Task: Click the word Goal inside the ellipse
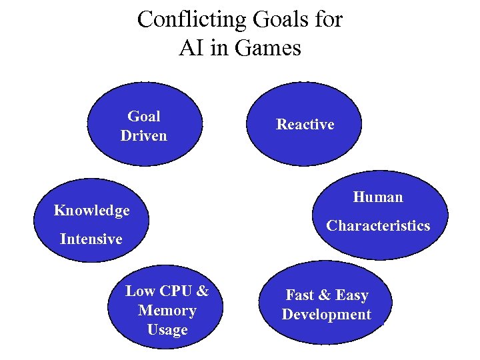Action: [x=143, y=117]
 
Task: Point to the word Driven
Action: [x=143, y=136]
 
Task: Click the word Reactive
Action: [x=305, y=125]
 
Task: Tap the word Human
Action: [x=378, y=197]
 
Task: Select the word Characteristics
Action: [x=378, y=226]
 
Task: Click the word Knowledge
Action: [x=92, y=211]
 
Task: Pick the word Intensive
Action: [x=91, y=239]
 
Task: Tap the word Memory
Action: [x=167, y=311]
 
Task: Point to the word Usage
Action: [x=167, y=330]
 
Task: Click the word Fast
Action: [x=301, y=295]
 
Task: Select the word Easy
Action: [x=351, y=295]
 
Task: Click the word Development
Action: [x=326, y=315]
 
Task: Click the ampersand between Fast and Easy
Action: [x=325, y=295]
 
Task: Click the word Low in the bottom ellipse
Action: [x=140, y=291]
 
